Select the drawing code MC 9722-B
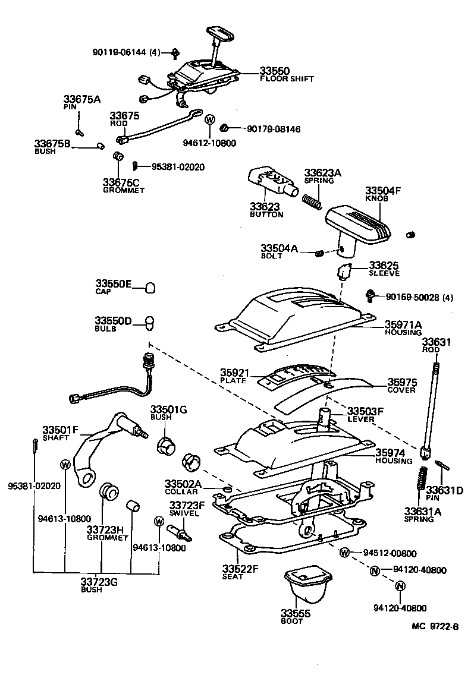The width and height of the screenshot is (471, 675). [x=436, y=626]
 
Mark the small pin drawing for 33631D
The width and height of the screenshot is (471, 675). [x=442, y=465]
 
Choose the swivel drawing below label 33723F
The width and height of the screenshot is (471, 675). [x=178, y=529]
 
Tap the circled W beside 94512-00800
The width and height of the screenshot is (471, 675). [x=344, y=553]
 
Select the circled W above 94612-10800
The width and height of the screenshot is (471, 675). [x=209, y=119]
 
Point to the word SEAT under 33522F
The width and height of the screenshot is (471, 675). [x=233, y=576]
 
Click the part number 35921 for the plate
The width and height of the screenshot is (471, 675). [x=234, y=373]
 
